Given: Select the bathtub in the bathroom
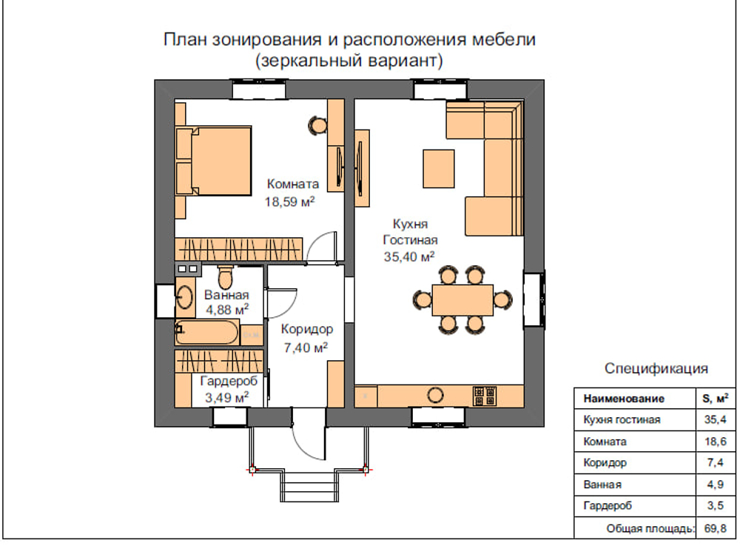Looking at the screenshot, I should pos(208,333).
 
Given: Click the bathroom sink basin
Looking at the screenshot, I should pos(185,297).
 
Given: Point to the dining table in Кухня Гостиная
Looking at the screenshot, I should pos(462,300).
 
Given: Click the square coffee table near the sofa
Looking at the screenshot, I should pos(439,169).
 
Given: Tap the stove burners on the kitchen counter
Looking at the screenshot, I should pos(485,396).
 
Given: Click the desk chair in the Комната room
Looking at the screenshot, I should pos(317,125).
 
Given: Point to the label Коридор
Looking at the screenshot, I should pos(307,329).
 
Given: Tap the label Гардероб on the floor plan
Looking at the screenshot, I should pos(229,381).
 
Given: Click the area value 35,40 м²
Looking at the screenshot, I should pos(409,257).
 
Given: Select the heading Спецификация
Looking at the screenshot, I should pos(656,368).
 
